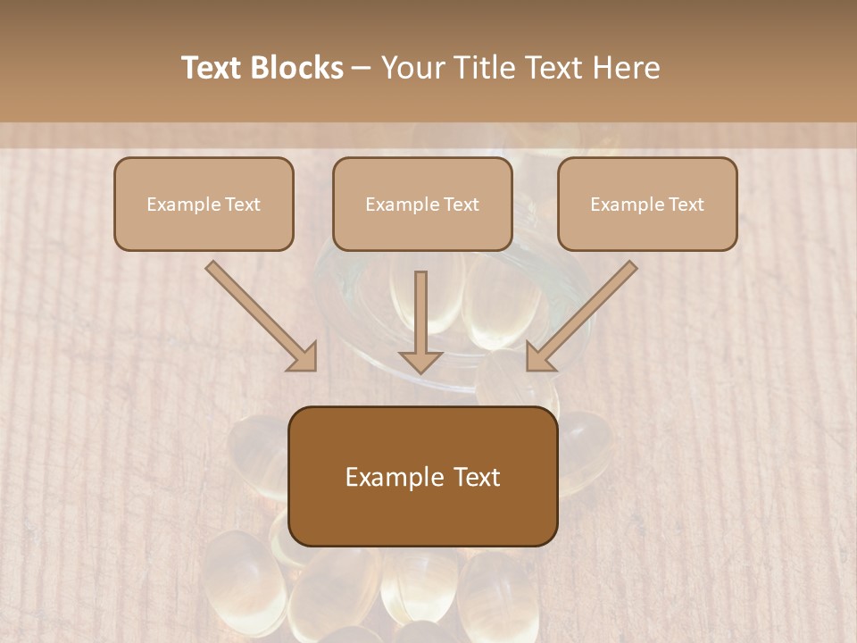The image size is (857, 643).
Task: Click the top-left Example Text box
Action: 204,204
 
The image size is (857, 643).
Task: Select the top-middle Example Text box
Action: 422,204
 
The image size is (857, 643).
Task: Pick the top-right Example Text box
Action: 647,204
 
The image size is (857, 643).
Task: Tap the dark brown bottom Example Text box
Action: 422,476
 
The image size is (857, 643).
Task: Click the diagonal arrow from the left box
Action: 259,314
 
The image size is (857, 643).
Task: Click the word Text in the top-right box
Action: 686,205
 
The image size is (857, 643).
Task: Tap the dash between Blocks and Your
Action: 362,68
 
